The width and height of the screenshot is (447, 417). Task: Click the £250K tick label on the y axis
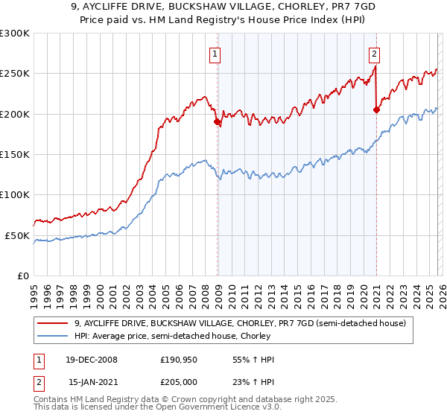point(15,74)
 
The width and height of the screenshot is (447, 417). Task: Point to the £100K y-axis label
point(15,195)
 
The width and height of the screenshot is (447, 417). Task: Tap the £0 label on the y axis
point(23,276)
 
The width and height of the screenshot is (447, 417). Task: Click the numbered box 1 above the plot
point(215,54)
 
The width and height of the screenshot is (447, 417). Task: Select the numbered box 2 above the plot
point(373,54)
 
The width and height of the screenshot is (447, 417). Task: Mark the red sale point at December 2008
point(217,121)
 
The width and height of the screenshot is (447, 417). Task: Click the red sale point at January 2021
point(376,109)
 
